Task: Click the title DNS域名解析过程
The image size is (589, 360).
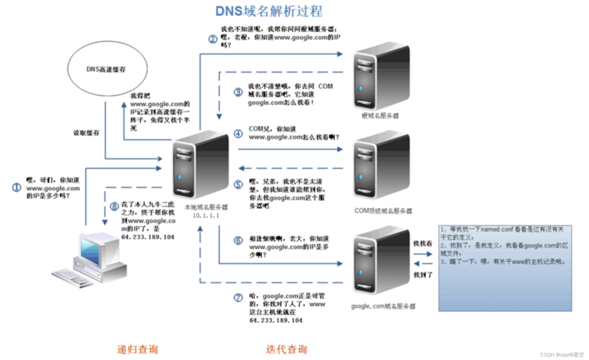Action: pyautogui.click(x=269, y=11)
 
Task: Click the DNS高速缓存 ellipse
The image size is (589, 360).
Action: pyautogui.click(x=107, y=69)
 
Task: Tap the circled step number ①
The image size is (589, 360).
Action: pyautogui.click(x=16, y=187)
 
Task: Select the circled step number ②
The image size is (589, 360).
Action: pyautogui.click(x=213, y=39)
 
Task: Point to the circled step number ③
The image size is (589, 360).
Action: pyautogui.click(x=238, y=92)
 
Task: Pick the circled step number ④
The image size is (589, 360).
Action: pyautogui.click(x=238, y=133)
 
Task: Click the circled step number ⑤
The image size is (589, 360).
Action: pyautogui.click(x=238, y=184)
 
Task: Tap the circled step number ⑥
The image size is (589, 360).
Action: pyautogui.click(x=238, y=240)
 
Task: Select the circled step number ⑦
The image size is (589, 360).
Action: pyautogui.click(x=238, y=297)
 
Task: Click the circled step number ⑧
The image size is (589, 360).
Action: pyautogui.click(x=114, y=207)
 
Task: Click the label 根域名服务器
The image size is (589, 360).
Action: pyautogui.click(x=380, y=116)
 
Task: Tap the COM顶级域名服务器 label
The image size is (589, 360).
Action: pyautogui.click(x=383, y=211)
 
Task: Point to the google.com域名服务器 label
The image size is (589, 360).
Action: pyautogui.click(x=383, y=306)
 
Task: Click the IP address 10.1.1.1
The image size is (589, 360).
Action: pyautogui.click(x=206, y=216)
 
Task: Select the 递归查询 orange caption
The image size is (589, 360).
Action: pyautogui.click(x=137, y=349)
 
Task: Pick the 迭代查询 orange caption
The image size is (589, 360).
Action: pyautogui.click(x=286, y=349)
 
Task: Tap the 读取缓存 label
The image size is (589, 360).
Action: pyautogui.click(x=86, y=133)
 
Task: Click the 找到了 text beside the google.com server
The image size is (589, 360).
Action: pyautogui.click(x=423, y=275)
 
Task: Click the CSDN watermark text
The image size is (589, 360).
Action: pyautogui.click(x=562, y=355)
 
